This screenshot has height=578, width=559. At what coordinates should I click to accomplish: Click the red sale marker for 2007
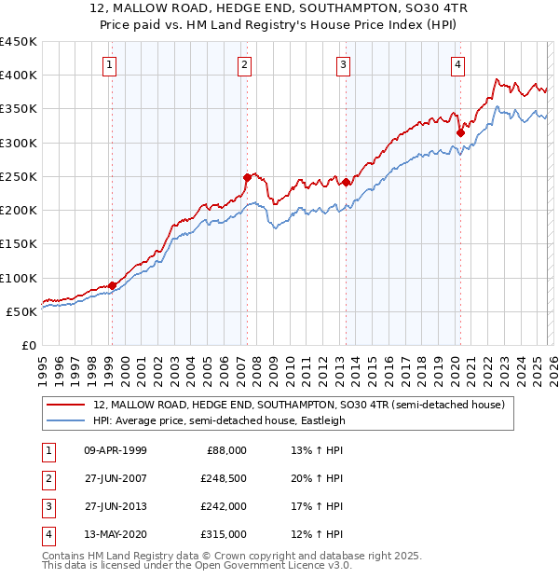pos(248,177)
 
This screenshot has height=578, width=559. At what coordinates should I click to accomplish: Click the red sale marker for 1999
pos(112,285)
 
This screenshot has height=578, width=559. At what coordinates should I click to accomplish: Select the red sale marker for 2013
pos(346,182)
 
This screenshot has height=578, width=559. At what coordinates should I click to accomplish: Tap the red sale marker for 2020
pos(460,132)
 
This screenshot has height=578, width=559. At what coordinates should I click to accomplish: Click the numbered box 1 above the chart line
pos(110,64)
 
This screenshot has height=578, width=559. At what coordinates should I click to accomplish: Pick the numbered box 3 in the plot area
pos(344,64)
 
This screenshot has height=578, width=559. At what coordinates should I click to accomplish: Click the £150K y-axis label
pos(19,243)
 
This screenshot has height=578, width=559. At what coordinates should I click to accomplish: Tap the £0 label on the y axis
pos(29,345)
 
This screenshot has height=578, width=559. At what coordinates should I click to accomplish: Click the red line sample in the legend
pos(67,406)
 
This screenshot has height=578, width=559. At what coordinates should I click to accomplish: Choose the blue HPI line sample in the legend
pos(67,420)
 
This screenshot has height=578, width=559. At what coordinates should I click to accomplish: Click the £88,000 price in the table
pos(225,450)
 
